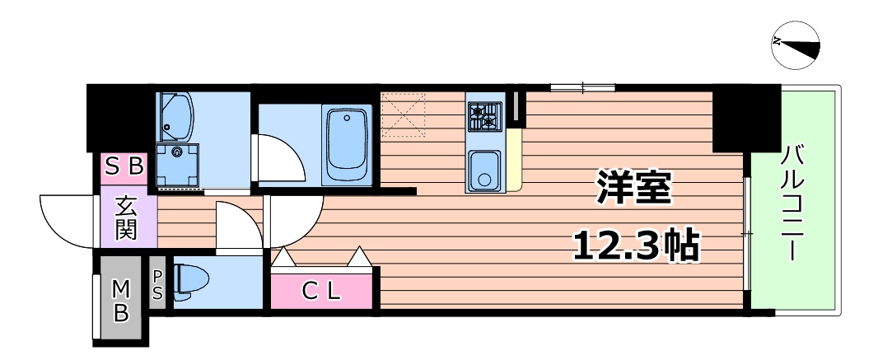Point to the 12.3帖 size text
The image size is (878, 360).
[x=634, y=244]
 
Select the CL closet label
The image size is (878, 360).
[x=321, y=290]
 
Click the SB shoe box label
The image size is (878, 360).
[x=124, y=167]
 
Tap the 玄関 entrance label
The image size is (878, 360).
[x=125, y=218]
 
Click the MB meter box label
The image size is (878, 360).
[x=121, y=301]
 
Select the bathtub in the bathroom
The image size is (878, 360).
[x=347, y=145]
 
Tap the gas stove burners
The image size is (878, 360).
[x=485, y=115]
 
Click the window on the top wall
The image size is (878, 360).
[x=582, y=86]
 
